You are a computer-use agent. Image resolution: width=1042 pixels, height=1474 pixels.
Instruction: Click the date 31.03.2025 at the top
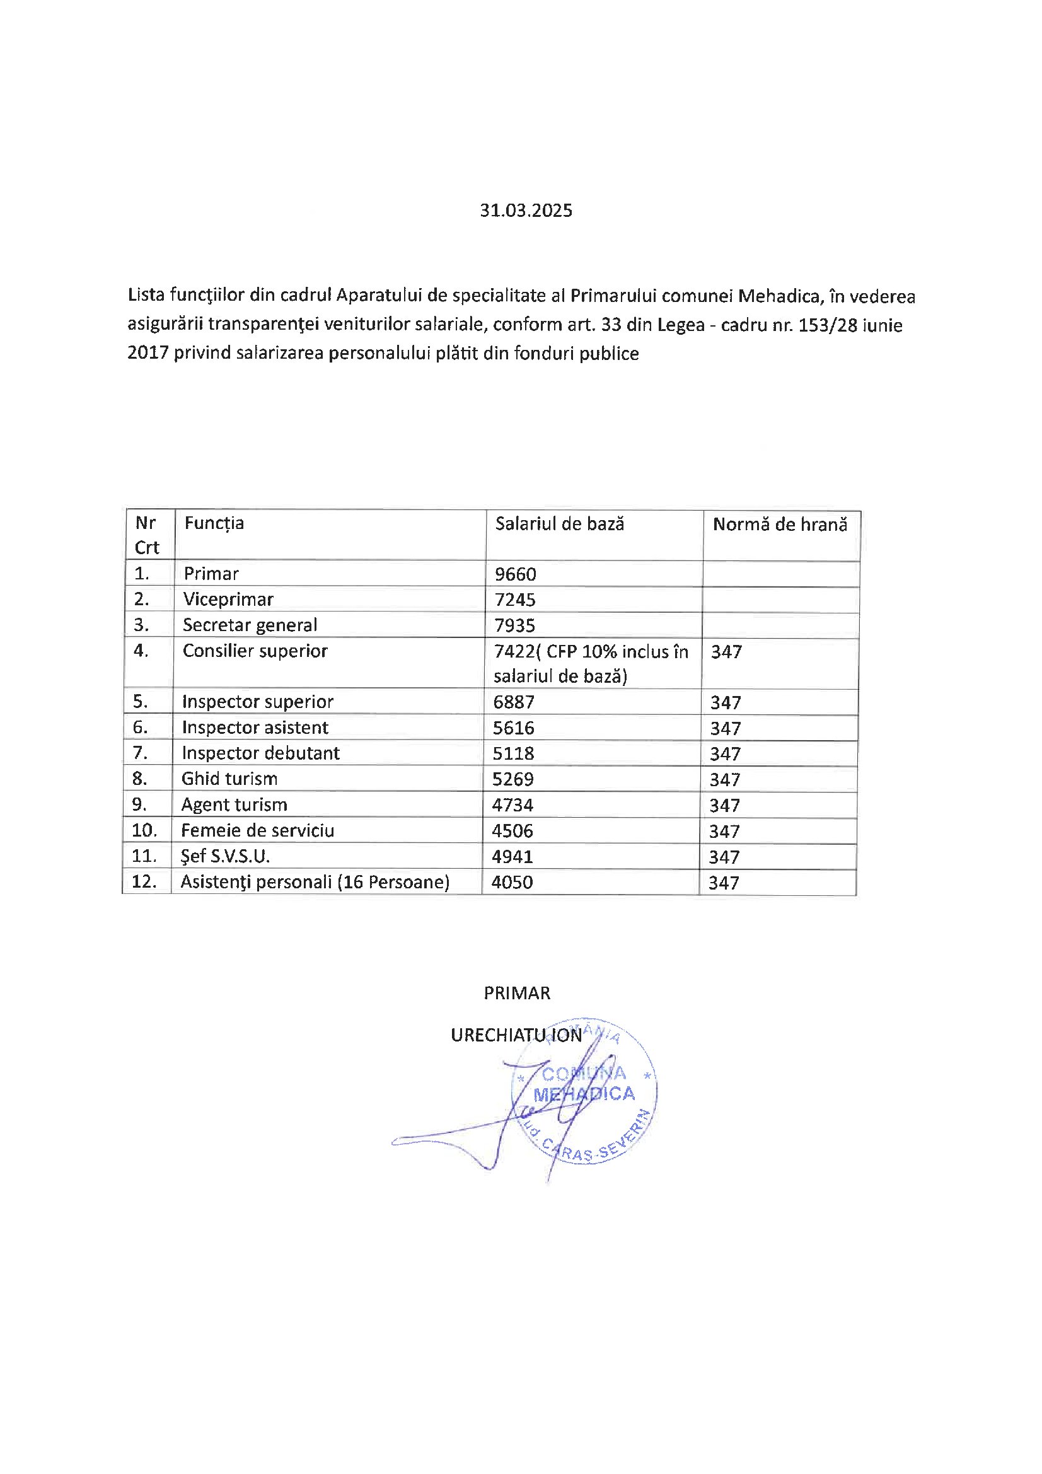(526, 211)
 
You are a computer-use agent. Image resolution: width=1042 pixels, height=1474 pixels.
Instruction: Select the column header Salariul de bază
(559, 524)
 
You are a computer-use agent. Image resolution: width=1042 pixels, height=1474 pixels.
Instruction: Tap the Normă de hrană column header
(779, 525)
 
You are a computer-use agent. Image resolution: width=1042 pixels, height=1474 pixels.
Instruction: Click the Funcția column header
(214, 523)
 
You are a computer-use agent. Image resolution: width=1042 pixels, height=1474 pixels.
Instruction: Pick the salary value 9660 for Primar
(515, 574)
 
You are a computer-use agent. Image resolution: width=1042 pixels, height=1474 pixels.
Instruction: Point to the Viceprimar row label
(228, 600)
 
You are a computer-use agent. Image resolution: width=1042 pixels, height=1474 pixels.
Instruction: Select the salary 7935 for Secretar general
(514, 625)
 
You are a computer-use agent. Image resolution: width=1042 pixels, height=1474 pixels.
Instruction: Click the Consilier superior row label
(255, 651)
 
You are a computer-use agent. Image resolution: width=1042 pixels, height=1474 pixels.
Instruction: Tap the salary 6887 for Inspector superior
(514, 702)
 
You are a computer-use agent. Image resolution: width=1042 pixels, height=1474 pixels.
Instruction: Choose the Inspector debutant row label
(261, 753)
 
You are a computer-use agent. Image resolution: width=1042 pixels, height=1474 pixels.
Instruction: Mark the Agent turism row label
(234, 805)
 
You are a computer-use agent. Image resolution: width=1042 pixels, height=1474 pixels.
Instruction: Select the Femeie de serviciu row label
(257, 831)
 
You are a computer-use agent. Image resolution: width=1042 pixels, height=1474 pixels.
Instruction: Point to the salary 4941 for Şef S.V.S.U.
(512, 856)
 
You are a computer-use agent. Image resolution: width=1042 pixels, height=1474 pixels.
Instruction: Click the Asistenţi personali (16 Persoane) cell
(315, 882)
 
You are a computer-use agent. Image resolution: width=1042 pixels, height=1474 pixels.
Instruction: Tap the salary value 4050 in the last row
(512, 882)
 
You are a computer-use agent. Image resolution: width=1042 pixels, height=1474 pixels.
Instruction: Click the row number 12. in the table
(144, 882)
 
